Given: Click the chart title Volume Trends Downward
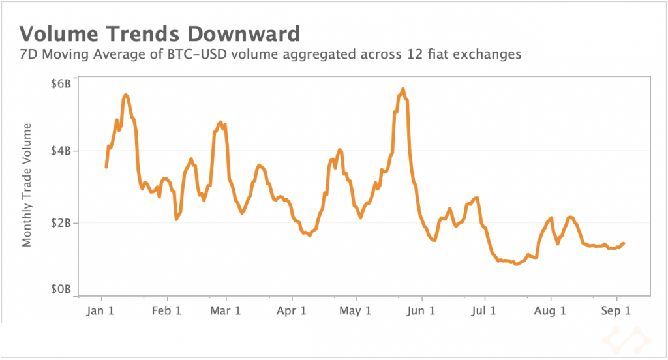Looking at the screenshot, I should point(160,34).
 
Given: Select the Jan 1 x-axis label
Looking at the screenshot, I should point(102,311).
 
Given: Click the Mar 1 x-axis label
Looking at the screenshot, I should point(225,311).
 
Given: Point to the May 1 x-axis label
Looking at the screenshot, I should point(356,311).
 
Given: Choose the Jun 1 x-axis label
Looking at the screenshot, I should point(421,311).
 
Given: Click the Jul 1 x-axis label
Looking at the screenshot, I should point(485,311).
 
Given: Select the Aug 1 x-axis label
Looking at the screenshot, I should point(550,311).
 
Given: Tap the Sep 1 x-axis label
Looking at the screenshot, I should point(615,311).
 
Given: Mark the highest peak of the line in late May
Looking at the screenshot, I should point(403,89).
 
